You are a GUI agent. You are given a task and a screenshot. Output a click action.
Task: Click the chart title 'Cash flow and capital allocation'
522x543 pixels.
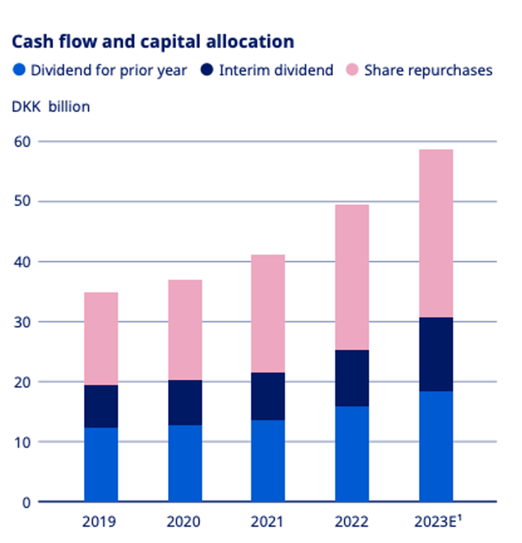(x=152, y=41)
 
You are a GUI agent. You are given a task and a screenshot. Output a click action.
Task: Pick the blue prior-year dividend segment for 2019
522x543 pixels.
(x=101, y=464)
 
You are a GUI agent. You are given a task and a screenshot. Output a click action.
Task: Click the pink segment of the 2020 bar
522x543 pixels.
(x=185, y=329)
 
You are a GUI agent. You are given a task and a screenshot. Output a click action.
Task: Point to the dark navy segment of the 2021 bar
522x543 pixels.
(x=268, y=396)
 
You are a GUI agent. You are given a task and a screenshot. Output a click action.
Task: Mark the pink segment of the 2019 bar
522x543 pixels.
(x=101, y=338)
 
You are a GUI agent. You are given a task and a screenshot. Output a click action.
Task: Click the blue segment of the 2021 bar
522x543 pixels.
(x=268, y=461)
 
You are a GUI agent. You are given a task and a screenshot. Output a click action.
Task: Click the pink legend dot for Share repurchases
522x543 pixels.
(x=353, y=70)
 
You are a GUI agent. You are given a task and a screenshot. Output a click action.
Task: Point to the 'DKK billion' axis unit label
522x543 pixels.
(x=51, y=107)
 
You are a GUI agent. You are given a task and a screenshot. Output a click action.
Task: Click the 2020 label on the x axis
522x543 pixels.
(x=185, y=522)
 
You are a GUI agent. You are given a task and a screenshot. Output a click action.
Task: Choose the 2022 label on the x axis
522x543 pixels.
(x=352, y=522)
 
